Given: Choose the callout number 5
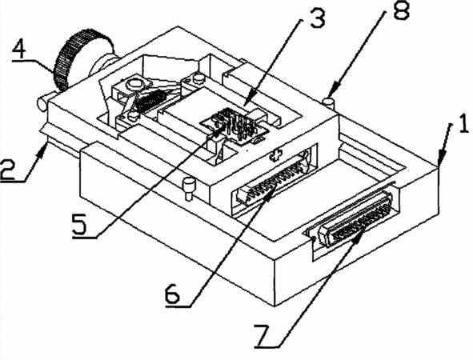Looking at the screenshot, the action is (79, 224).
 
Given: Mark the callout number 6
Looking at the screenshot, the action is (172, 293).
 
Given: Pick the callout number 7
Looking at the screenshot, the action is (263, 335).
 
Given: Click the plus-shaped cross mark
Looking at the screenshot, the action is (275, 156).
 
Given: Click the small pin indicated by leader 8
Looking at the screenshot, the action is (329, 102).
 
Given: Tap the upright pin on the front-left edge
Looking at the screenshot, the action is (189, 189).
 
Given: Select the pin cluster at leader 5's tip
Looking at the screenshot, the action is (235, 125).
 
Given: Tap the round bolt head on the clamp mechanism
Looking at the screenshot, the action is (134, 84).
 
